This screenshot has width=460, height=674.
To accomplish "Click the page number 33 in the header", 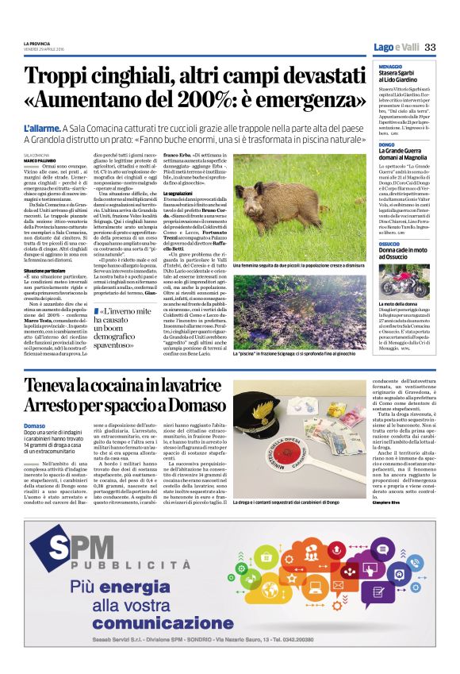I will [x=431, y=47].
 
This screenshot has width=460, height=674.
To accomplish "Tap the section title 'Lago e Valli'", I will [x=396, y=47].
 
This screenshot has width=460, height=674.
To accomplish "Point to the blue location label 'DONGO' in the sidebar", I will [x=385, y=144].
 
